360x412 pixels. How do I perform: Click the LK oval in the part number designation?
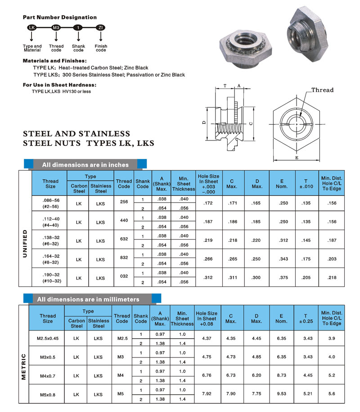tap(31, 28)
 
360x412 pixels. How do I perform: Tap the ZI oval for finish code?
tap(101, 28)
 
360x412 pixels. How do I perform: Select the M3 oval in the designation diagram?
tap(56, 28)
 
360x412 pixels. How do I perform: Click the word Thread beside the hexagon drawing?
tap(323, 90)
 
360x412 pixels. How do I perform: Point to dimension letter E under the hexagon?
tap(297, 158)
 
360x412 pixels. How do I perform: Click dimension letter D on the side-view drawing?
tap(204, 122)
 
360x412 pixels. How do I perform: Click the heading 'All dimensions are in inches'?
tap(85, 165)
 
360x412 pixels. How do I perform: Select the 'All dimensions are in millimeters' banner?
tap(88, 299)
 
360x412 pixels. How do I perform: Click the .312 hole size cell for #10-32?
tap(207, 277)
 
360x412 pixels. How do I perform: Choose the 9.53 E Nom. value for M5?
tap(281, 394)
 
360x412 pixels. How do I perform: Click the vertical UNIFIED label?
tap(25, 244)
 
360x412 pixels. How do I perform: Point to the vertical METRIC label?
tap(23, 367)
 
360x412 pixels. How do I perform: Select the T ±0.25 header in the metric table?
tap(306, 318)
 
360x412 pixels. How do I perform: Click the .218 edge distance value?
tap(332, 277)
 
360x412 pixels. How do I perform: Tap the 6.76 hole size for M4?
tap(207, 376)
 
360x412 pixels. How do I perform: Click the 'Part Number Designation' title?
tap(59, 17)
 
